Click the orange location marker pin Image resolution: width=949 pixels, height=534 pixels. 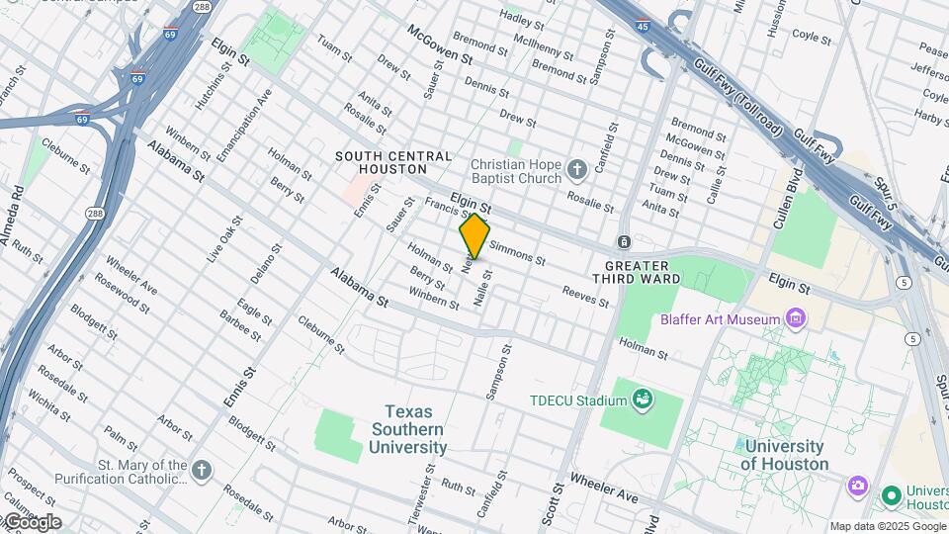point(474,235)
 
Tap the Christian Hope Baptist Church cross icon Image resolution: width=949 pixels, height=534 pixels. point(577,169)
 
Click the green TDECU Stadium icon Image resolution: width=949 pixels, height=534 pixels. point(643,400)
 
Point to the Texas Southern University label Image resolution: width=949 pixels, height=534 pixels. point(408,429)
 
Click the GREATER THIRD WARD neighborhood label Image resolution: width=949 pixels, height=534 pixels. point(644,272)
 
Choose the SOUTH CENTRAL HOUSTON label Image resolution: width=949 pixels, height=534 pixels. point(393,162)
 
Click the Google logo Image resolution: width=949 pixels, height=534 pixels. point(32,522)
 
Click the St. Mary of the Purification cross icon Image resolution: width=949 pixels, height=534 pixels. point(202,470)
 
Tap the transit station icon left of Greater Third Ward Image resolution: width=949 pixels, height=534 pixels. point(624,242)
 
